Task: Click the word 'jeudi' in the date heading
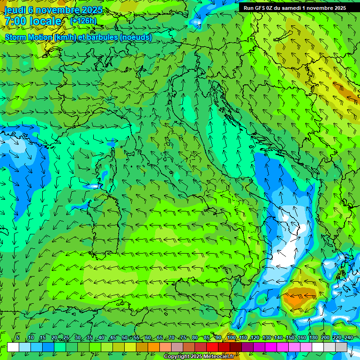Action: point(15,10)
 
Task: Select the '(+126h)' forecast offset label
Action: point(83,21)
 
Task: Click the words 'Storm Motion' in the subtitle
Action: point(28,37)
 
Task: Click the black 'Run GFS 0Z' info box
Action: point(294,7)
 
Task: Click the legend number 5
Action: point(18,338)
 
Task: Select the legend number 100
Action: point(232,338)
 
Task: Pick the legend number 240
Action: point(348,338)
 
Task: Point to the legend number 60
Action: point(148,338)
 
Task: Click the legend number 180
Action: point(312,338)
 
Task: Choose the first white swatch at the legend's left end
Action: point(13,347)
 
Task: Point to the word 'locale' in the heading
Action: point(45,21)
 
